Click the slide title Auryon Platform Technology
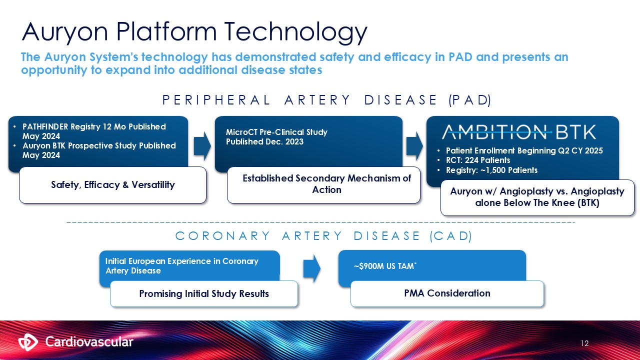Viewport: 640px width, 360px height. [x=194, y=31]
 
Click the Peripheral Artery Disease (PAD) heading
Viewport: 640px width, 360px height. [x=327, y=100]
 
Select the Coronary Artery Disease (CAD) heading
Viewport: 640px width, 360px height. [x=323, y=236]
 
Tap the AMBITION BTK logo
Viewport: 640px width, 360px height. [x=518, y=132]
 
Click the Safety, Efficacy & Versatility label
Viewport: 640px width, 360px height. [x=113, y=185]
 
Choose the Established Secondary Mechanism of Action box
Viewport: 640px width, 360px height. [x=326, y=184]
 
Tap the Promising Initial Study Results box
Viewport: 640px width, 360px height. [x=204, y=293]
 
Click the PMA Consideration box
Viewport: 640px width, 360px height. [x=447, y=293]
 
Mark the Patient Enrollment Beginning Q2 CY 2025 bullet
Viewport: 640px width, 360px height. [x=524, y=150]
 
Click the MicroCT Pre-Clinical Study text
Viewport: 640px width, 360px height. [x=276, y=132]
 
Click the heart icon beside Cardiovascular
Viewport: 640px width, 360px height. [x=28, y=342]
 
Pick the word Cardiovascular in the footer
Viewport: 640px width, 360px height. [x=89, y=342]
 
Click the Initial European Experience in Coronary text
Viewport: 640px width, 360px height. [x=181, y=261]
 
